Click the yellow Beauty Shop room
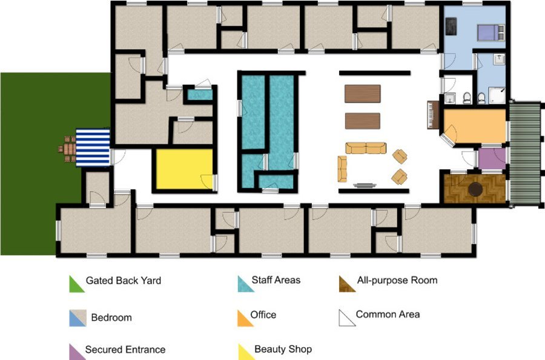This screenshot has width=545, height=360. [184, 169]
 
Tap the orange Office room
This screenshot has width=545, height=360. [475, 126]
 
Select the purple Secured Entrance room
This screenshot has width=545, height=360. [492, 159]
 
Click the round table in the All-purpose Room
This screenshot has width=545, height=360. [475, 189]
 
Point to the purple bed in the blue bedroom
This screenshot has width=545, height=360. [490, 32]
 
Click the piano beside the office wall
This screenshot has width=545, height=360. [434, 115]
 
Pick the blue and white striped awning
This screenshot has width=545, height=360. [93, 147]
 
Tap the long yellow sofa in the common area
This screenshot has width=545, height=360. [366, 148]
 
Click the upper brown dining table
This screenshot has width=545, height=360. [363, 93]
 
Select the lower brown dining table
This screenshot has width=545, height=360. [363, 121]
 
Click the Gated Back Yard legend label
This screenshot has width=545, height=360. [124, 281]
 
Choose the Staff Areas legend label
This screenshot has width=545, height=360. [276, 280]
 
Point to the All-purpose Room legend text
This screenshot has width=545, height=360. [397, 281]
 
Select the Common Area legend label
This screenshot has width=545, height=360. [388, 315]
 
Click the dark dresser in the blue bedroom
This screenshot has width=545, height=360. [451, 26]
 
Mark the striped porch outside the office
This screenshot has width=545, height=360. [526, 153]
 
